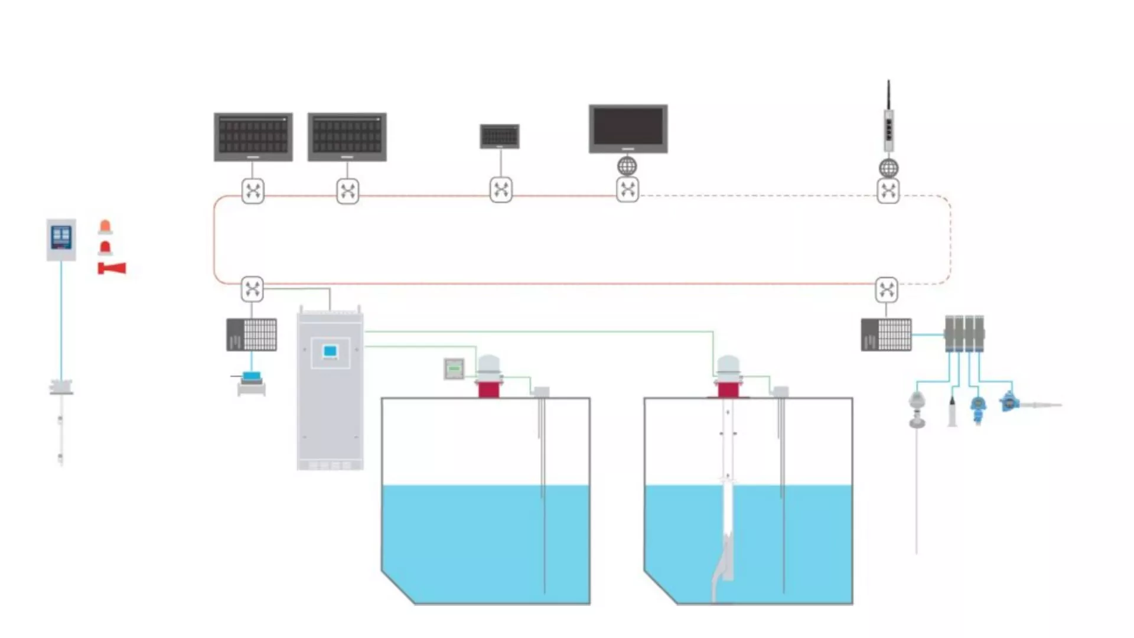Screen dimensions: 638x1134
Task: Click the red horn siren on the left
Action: [x=112, y=269]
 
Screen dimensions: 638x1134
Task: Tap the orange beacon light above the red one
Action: [x=105, y=227]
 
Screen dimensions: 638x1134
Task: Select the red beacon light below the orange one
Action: [x=105, y=248]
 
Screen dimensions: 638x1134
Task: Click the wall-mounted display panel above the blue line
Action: [x=61, y=239]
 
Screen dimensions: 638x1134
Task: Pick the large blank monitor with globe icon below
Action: [x=628, y=129]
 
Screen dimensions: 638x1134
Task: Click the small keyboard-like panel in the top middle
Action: [x=500, y=136]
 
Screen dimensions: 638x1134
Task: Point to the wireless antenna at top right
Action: [x=888, y=118]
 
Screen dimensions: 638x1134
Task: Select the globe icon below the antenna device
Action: [x=888, y=168]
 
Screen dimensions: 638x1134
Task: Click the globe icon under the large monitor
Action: [x=627, y=167]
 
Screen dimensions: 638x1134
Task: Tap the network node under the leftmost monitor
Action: [x=253, y=191]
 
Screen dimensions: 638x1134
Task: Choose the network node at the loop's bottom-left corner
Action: [x=252, y=289]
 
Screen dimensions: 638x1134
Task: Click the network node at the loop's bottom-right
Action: [x=887, y=289]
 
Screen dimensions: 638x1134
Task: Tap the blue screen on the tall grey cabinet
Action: [x=330, y=352]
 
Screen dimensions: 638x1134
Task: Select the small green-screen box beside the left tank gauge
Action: [x=454, y=369]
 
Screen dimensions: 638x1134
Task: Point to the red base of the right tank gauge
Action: [x=728, y=389]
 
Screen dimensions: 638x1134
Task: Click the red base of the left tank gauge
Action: [x=488, y=389]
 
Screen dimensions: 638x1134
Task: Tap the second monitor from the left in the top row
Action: [x=347, y=136]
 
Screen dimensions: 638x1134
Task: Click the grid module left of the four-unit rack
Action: [x=886, y=335]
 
